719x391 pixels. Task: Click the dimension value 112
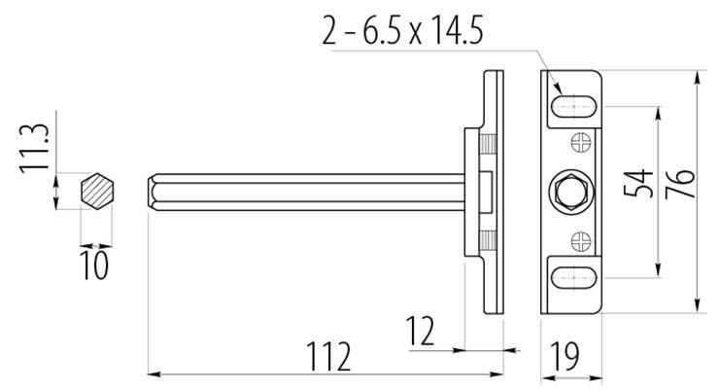click(x=328, y=356)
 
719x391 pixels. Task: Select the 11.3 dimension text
click(x=34, y=148)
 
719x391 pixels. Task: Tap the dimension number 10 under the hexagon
click(x=94, y=265)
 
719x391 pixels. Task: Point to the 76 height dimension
click(x=679, y=184)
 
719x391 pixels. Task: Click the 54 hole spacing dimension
click(x=638, y=183)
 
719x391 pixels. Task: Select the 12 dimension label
click(x=420, y=331)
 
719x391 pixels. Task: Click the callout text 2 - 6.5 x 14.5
click(x=402, y=30)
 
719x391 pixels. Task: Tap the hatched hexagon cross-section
click(x=97, y=192)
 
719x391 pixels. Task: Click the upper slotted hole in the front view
click(x=573, y=106)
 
